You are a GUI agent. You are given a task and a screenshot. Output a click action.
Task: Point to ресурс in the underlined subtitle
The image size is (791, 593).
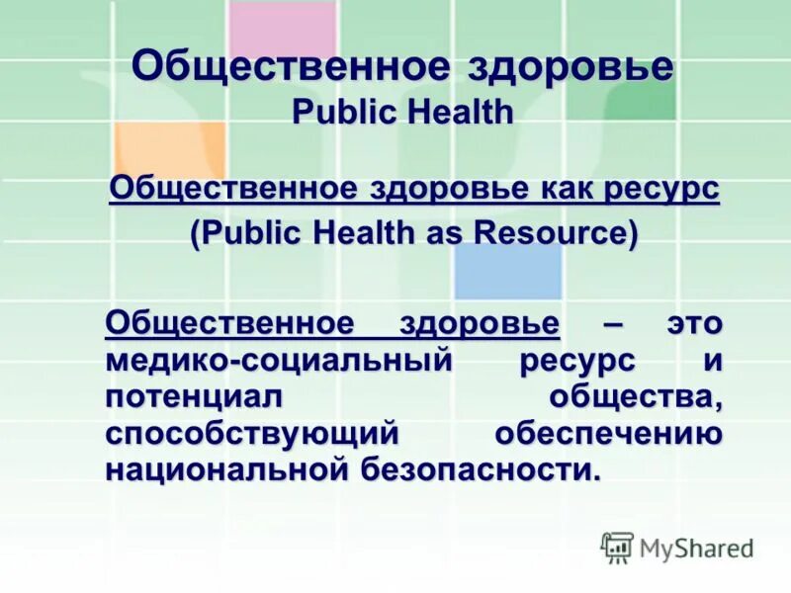pos(672,188)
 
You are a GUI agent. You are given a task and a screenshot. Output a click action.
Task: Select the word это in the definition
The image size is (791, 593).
pos(692,323)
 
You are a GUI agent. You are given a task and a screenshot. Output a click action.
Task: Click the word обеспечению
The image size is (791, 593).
pos(608,433)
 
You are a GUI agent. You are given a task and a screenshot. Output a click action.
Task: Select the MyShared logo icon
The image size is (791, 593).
pos(618,547)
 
